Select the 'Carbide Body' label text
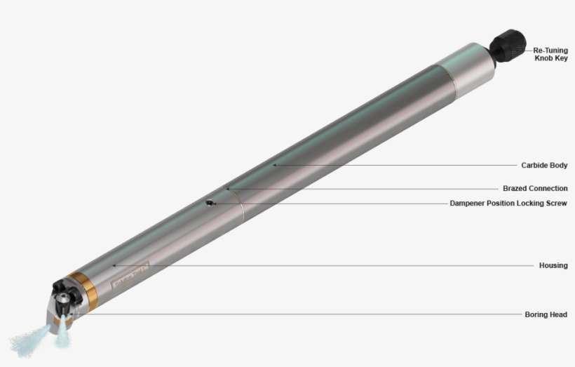click(543, 166)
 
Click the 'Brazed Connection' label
click(535, 188)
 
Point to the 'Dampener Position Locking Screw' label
click(508, 203)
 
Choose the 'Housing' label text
click(553, 266)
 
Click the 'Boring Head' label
click(546, 314)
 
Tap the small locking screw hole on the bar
click(210, 203)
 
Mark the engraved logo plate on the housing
click(130, 276)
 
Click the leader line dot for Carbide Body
click(274, 165)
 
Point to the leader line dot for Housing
click(114, 265)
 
